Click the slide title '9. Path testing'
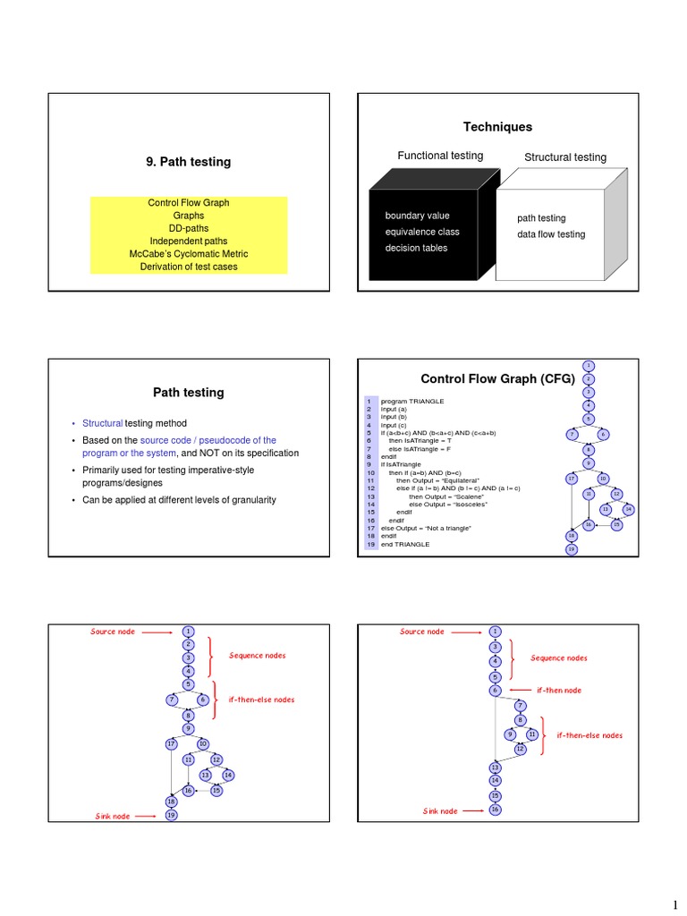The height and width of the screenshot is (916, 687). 188,162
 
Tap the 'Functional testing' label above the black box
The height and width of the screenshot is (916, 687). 440,156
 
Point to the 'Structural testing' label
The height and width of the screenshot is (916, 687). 564,157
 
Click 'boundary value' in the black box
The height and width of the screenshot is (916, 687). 417,216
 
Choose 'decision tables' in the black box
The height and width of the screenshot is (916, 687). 416,248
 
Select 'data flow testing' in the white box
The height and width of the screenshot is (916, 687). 550,234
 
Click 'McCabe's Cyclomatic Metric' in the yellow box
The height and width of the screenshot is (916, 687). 188,254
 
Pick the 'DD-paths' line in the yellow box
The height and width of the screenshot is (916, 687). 188,228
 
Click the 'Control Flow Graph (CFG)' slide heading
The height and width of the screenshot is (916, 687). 497,378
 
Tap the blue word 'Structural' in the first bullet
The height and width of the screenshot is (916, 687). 102,423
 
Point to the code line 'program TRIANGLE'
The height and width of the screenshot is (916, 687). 411,402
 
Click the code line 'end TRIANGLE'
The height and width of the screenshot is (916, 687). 404,544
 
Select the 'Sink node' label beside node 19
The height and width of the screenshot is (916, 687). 113,816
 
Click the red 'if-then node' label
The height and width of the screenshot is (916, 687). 559,691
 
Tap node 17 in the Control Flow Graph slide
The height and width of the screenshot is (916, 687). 572,479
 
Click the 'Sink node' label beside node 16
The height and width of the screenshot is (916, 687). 440,810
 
